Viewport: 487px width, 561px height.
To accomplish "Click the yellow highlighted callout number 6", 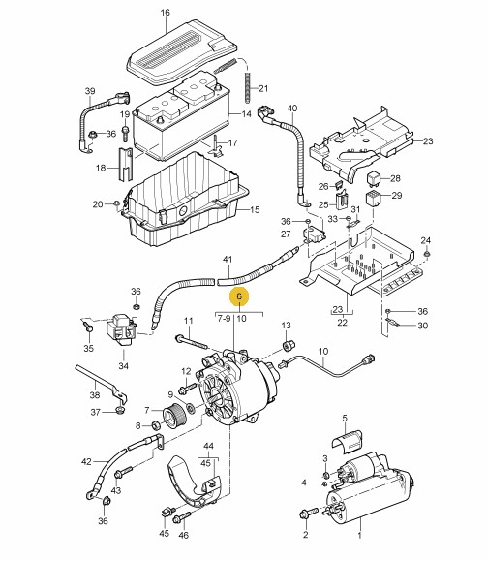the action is tap(239, 296).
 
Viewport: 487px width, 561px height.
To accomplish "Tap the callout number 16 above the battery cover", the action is tap(165, 13).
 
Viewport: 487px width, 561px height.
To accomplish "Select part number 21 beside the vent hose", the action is tap(263, 88).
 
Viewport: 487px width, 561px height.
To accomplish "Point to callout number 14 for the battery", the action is tap(246, 114).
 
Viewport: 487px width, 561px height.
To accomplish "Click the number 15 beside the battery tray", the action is tap(255, 209).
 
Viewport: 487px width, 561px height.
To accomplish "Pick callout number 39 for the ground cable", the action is tap(90, 91).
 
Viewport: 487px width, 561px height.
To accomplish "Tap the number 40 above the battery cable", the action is tap(292, 109).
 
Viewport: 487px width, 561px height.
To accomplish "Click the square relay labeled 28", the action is tap(374, 178).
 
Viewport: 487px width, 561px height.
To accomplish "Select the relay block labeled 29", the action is tap(373, 199).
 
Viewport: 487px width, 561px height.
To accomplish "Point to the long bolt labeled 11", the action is tap(192, 342).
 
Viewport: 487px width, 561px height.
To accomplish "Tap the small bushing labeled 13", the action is tap(289, 346).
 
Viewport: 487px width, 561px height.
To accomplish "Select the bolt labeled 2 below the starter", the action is tap(308, 514).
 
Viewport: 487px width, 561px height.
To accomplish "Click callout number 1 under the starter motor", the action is tap(360, 536).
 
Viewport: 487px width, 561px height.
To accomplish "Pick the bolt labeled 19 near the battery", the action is tap(125, 134).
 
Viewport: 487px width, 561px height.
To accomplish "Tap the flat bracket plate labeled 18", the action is tap(125, 165).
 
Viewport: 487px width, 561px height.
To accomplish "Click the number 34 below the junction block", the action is tap(123, 366).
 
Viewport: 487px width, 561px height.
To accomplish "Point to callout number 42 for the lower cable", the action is tap(86, 462).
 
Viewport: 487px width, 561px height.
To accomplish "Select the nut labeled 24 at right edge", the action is tap(426, 254).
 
